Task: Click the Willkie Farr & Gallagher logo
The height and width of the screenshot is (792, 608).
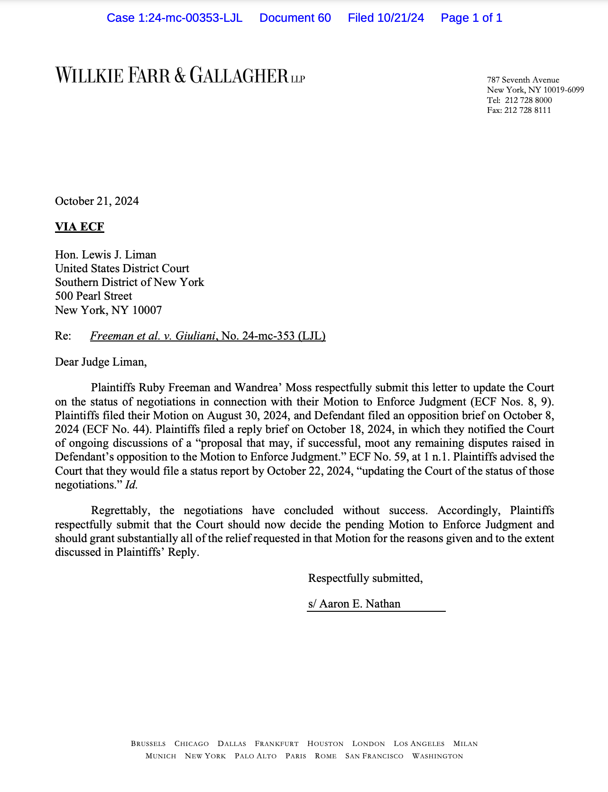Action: point(180,75)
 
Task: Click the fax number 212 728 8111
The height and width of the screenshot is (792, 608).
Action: point(528,111)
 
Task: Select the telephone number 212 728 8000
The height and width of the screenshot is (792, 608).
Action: point(528,101)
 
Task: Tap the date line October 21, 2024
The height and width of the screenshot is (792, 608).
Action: point(97,201)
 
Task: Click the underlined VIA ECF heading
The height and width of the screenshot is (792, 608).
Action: point(79,227)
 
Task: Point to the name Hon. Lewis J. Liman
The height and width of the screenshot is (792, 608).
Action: point(105,255)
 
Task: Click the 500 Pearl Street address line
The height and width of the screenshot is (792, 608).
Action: point(93,296)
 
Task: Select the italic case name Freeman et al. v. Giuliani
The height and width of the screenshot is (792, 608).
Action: point(153,336)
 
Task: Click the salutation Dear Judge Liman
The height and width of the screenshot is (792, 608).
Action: point(101,362)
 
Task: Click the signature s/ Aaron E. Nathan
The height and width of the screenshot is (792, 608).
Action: point(354,604)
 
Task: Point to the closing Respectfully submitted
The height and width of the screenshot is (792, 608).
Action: point(365,578)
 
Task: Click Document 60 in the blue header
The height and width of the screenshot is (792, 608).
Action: point(295,18)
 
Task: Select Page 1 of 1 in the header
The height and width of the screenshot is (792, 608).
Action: point(471,18)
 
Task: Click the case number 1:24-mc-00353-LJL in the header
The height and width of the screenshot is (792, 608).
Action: point(190,18)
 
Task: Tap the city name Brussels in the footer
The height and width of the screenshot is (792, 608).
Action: point(148,744)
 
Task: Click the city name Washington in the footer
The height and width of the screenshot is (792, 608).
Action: point(437,756)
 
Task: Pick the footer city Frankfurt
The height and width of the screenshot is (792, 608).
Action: point(276,744)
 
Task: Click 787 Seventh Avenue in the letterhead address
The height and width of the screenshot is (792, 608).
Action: point(523,80)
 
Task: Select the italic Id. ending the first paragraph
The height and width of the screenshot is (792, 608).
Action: point(131,485)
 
